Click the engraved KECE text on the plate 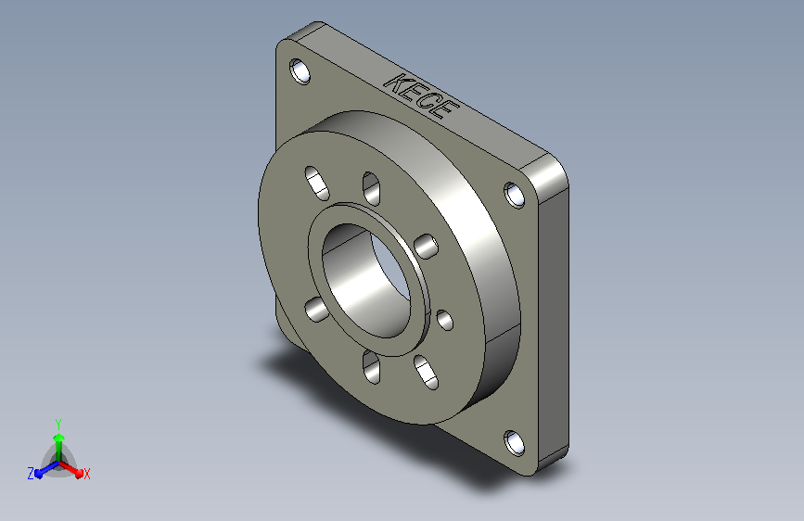[421, 96]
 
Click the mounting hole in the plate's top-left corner [300, 71]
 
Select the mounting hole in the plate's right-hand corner [515, 195]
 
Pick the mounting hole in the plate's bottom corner [515, 443]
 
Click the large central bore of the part [366, 281]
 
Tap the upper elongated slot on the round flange [317, 183]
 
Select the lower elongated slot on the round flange [426, 373]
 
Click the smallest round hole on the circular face [444, 320]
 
